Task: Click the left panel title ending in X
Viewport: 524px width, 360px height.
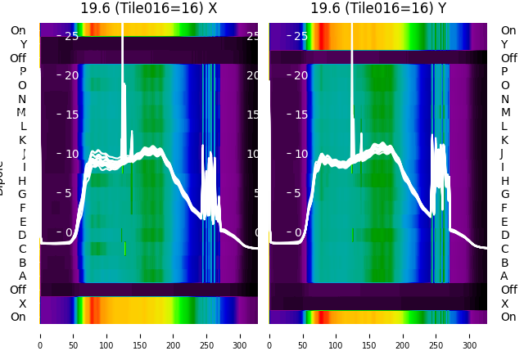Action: coord(148,8)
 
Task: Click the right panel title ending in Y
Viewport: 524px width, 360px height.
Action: coord(378,8)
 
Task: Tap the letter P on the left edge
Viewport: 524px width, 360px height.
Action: coord(22,72)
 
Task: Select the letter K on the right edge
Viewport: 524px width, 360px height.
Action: coord(504,140)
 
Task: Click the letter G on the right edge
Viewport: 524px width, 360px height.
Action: coord(504,194)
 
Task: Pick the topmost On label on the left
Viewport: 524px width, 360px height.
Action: coord(18,30)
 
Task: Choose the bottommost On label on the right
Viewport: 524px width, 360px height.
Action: coord(508,317)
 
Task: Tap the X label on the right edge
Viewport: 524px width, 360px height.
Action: coord(504,304)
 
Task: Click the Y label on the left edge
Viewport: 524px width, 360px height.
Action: coord(23,44)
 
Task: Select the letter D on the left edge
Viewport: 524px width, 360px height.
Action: coord(22,236)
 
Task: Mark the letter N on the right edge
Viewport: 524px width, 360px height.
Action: coord(504,99)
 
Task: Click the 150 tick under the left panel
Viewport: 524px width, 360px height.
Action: coord(140,335)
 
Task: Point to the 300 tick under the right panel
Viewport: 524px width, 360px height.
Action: coord(469,335)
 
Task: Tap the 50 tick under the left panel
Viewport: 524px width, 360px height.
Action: coord(73,335)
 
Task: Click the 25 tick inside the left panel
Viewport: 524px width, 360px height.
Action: coord(71,36)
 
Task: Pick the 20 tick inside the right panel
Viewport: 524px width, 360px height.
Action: coord(300,75)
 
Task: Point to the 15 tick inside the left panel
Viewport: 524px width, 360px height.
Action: coord(71,115)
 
